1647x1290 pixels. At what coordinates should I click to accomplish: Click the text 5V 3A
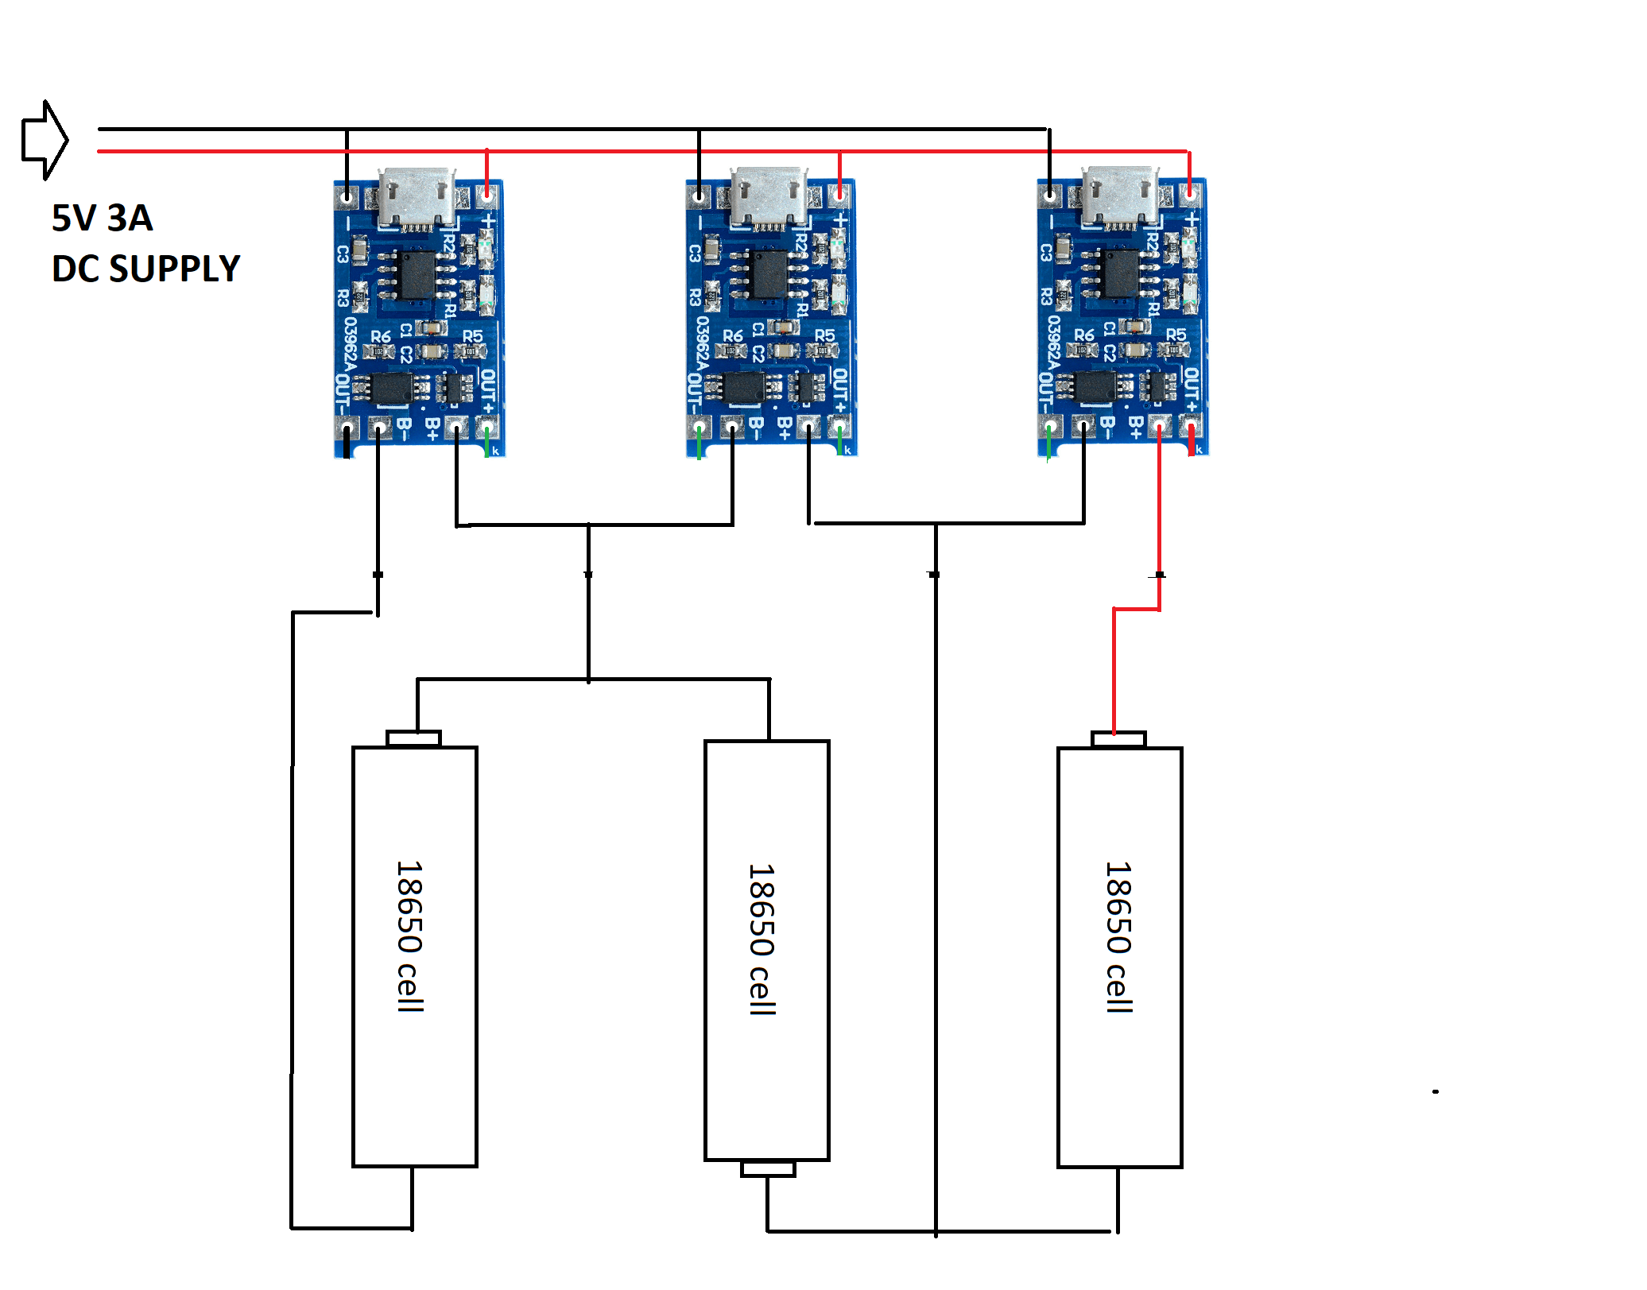pyautogui.click(x=102, y=219)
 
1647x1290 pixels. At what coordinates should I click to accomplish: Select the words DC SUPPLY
pyautogui.click(x=145, y=269)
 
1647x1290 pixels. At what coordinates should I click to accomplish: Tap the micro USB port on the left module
pyautogui.click(x=416, y=197)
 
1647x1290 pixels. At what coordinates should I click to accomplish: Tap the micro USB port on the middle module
pyautogui.click(x=768, y=197)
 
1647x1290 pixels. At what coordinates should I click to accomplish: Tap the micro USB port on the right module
pyautogui.click(x=1119, y=197)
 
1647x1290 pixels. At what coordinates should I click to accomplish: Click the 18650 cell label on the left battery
pyautogui.click(x=410, y=936)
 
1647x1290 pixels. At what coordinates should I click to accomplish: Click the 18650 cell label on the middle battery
pyautogui.click(x=761, y=939)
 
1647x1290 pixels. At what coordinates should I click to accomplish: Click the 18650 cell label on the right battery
pyautogui.click(x=1118, y=938)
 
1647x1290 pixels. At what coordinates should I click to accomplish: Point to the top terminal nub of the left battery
pyautogui.click(x=413, y=738)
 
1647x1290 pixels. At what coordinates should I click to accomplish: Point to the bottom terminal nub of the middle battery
pyautogui.click(x=768, y=1168)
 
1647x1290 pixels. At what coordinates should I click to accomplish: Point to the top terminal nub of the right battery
pyautogui.click(x=1118, y=739)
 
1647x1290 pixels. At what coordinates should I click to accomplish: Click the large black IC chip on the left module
pyautogui.click(x=417, y=275)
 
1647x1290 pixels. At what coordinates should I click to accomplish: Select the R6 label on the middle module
pyautogui.click(x=732, y=336)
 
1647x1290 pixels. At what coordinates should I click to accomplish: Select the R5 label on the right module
pyautogui.click(x=1176, y=335)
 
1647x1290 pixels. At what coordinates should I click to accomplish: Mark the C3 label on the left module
pyautogui.click(x=343, y=254)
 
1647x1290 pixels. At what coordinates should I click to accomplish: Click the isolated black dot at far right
pyautogui.click(x=1436, y=1091)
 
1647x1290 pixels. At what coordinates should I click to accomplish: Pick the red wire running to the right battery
pyautogui.click(x=1159, y=517)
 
